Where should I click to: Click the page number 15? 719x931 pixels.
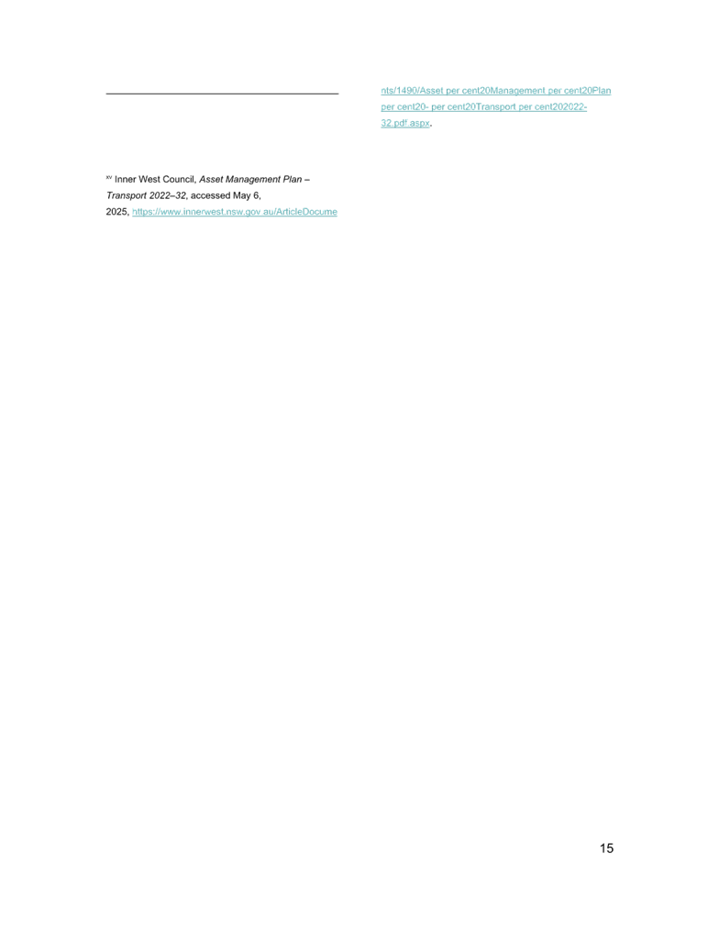pyautogui.click(x=606, y=848)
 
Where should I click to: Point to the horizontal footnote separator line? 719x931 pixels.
pyautogui.click(x=222, y=94)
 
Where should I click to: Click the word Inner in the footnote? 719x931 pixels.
pyautogui.click(x=125, y=179)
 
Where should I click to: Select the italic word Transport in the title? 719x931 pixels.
pyautogui.click(x=126, y=195)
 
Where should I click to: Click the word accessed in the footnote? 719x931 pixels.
pyautogui.click(x=213, y=195)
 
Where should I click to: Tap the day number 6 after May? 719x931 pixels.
pyautogui.click(x=259, y=195)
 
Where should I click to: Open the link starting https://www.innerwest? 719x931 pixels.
pyautogui.click(x=235, y=212)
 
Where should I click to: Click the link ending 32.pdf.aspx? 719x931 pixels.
pyautogui.click(x=404, y=123)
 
